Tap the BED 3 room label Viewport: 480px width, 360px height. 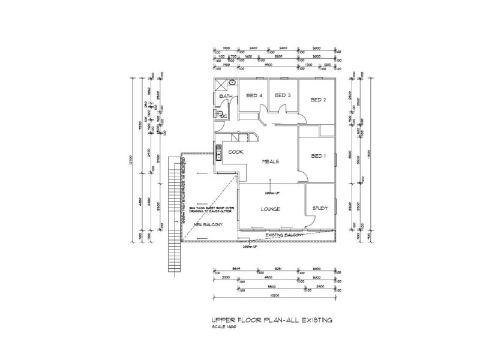click(x=283, y=95)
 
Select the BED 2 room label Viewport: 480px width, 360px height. click(x=318, y=100)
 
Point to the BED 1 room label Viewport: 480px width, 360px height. click(x=319, y=156)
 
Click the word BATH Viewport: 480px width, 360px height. click(x=226, y=97)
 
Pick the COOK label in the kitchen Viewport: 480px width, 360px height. click(x=235, y=152)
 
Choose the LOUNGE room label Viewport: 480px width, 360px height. click(x=271, y=209)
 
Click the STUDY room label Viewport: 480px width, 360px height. click(x=320, y=209)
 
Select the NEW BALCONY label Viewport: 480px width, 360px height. click(x=208, y=225)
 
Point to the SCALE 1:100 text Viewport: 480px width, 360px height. click(x=225, y=328)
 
